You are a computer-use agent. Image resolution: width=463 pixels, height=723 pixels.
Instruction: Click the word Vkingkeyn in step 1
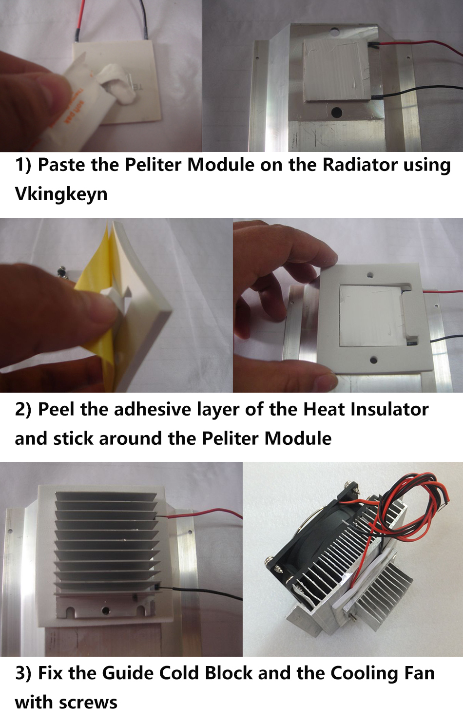click(x=61, y=194)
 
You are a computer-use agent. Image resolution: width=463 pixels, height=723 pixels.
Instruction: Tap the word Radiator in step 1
click(x=360, y=165)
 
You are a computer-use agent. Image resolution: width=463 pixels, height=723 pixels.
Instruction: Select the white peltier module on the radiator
click(x=336, y=71)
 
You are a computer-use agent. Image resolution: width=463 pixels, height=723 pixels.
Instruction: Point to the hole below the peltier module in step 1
click(x=337, y=113)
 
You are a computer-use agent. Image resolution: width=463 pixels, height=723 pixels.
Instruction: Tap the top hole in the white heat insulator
click(x=371, y=275)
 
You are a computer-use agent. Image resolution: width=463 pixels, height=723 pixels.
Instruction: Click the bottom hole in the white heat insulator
click(x=374, y=359)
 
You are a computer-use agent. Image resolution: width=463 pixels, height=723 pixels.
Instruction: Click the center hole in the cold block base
click(x=105, y=610)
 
